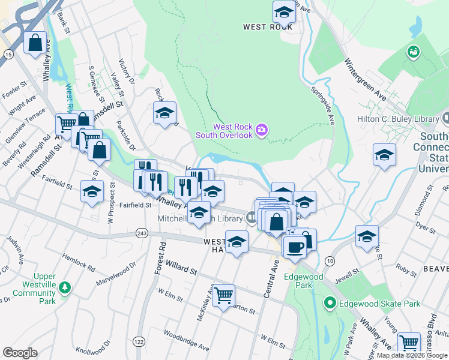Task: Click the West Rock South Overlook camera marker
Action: [x=261, y=130]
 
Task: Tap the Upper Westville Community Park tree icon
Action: [x=64, y=289]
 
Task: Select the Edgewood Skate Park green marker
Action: [x=328, y=304]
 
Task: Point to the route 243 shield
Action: [x=142, y=233]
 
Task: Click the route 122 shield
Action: [x=139, y=341]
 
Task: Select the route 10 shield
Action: [x=330, y=259]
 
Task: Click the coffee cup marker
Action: [x=294, y=246]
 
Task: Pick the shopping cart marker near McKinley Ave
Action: [x=223, y=295]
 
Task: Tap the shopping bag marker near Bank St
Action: [x=35, y=43]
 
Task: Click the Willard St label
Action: [x=181, y=268]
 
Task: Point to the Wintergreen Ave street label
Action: [x=365, y=78]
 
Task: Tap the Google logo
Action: [x=20, y=353]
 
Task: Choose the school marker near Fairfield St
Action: [x=92, y=192]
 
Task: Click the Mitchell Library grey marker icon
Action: [x=251, y=220]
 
